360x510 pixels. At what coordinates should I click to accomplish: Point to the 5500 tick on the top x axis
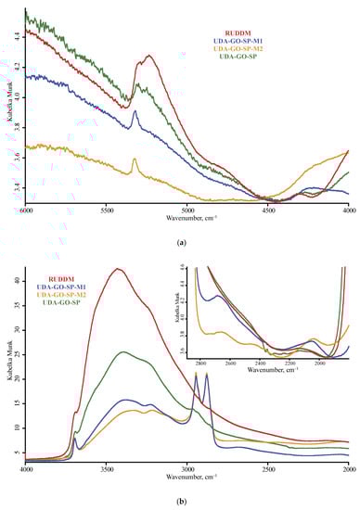coord(106,210)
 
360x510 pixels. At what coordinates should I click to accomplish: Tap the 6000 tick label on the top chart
coord(26,210)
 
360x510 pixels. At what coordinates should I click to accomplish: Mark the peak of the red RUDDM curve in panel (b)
coord(117,269)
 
